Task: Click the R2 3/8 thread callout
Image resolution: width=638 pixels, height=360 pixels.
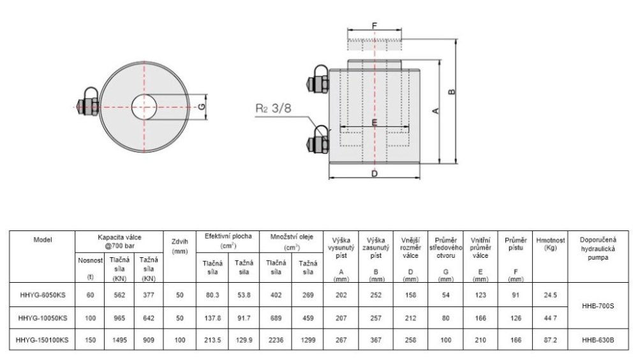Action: pos(274,109)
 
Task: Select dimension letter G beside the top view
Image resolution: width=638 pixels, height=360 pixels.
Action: pos(202,107)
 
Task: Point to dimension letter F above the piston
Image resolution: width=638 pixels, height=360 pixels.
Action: pos(375,26)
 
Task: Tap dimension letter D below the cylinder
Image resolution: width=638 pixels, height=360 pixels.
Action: pos(375,174)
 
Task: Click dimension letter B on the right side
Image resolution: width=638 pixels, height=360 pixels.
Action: pos(452,92)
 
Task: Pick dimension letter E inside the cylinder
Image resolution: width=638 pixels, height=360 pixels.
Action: pos(375,122)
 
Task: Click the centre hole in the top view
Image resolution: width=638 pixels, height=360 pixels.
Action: pos(144,107)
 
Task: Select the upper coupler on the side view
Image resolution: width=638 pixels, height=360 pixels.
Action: pos(318,80)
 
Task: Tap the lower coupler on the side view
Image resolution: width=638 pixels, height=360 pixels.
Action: pos(318,140)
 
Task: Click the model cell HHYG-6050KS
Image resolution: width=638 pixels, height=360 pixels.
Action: pos(42,296)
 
